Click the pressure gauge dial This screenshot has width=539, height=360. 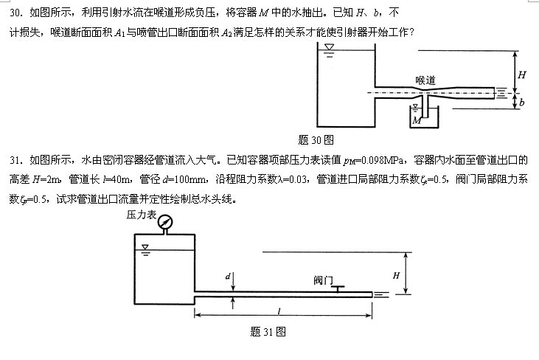tap(165, 222)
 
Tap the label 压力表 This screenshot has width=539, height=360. tap(142, 215)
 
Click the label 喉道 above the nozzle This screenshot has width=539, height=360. tap(425, 80)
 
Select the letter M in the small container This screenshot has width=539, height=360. tap(417, 120)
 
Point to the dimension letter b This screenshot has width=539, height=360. tap(522, 102)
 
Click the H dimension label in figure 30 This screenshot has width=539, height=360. tap(522, 75)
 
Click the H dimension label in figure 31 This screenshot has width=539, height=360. tap(396, 275)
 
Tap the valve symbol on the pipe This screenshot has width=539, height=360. tap(338, 288)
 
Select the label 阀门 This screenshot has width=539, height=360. tap(323, 280)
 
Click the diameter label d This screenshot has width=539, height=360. tap(228, 276)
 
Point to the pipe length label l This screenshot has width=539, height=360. tap(279, 311)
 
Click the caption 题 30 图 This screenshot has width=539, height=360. tap(316, 140)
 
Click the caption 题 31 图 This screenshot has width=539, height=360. tap(268, 332)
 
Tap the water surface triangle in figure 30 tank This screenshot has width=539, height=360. tap(330, 46)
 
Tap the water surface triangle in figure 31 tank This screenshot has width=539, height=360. tap(145, 247)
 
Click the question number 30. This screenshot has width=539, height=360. tap(16, 13)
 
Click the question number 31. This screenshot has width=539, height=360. tap(16, 160)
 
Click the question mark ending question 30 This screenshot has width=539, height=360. tap(411, 32)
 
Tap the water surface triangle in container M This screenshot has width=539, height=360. tap(415, 106)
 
